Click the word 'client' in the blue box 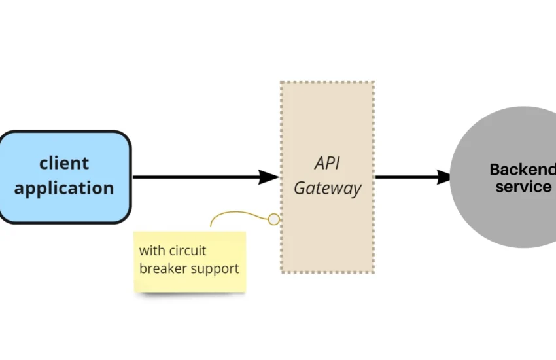[64, 163]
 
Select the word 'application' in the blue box [64, 189]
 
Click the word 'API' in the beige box [327, 162]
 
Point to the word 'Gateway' [327, 189]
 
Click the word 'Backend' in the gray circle [522, 170]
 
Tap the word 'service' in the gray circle [523, 187]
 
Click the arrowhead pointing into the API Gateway [269, 177]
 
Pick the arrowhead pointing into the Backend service [443, 177]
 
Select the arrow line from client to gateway [196, 177]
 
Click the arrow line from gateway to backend [406, 177]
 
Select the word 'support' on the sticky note [215, 269]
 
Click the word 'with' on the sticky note [152, 251]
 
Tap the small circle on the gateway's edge [273, 219]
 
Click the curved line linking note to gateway [235, 212]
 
